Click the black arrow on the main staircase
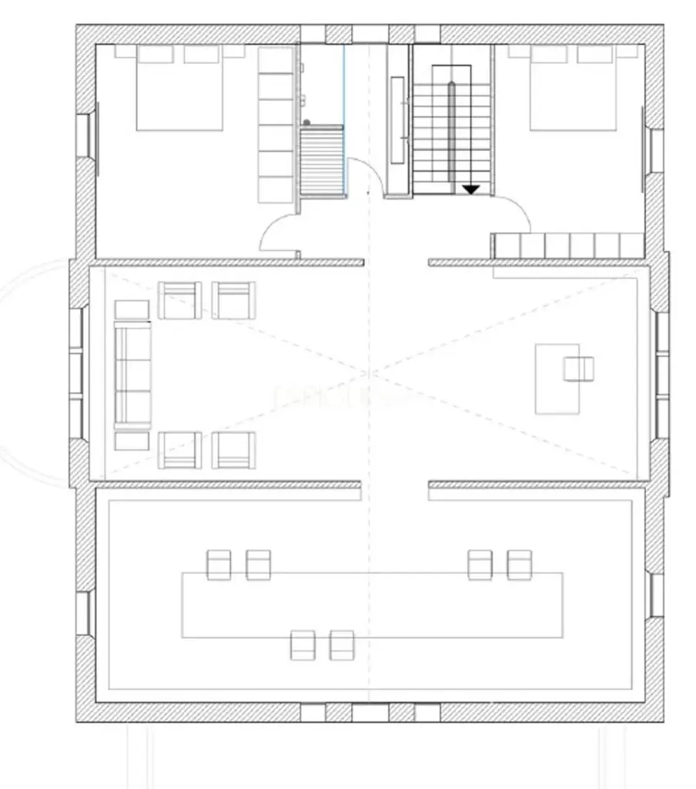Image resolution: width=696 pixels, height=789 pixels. point(470,189)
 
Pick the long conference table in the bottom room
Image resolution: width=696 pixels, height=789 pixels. point(372,605)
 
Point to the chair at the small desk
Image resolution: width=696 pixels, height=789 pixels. point(578,369)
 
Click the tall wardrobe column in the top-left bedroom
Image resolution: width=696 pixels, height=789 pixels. point(276,125)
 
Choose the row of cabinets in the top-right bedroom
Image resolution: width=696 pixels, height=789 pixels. point(568,246)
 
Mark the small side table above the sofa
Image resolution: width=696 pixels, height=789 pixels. point(132,310)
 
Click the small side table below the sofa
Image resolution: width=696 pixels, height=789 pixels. point(132,441)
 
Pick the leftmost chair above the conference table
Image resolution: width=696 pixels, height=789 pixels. point(219,565)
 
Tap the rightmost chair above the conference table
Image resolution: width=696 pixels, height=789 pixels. point(519,565)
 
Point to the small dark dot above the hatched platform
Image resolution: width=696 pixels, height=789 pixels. point(306,123)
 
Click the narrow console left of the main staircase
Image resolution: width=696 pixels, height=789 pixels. point(397,119)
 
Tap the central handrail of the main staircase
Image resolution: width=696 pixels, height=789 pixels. point(453,131)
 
